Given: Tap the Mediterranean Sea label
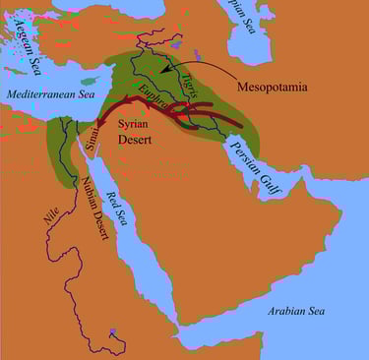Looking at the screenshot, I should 52,93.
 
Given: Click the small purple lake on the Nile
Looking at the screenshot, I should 114,334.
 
